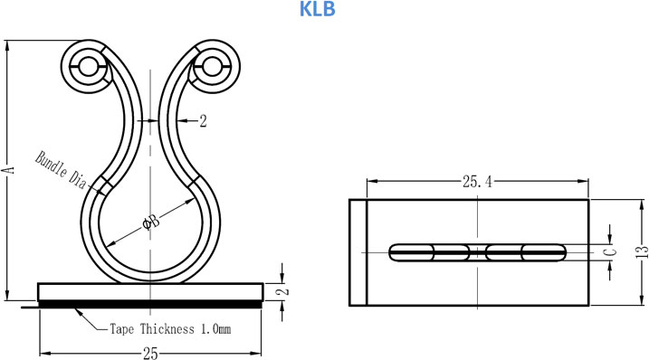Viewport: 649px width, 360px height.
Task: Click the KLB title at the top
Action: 317,9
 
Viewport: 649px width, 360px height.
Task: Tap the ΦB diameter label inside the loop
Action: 151,223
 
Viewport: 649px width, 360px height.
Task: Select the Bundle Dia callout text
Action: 61,170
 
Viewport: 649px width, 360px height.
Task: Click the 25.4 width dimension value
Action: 478,181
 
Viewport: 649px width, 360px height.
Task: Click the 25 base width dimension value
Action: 150,354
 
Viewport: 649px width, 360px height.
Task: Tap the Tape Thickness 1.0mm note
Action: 170,329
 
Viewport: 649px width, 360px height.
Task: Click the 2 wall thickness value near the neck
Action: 203,121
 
